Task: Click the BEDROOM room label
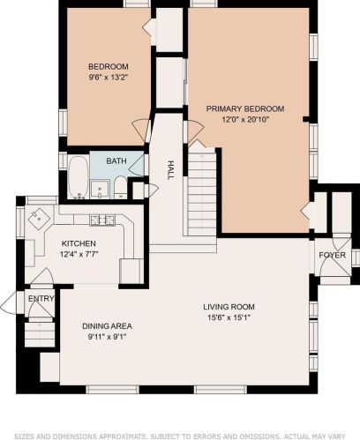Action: click(109, 66)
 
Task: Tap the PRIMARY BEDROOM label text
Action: click(245, 109)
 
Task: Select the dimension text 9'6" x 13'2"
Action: click(109, 78)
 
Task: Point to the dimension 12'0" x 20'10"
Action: click(245, 120)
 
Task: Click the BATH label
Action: click(116, 161)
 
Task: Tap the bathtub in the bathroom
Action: click(78, 177)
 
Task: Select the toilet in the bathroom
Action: click(120, 188)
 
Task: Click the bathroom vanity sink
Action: click(100, 189)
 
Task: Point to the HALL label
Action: click(170, 170)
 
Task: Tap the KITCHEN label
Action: click(79, 243)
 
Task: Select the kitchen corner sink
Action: click(39, 219)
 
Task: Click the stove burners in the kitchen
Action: click(102, 220)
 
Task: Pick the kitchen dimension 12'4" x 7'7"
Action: click(79, 254)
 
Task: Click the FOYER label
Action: click(332, 255)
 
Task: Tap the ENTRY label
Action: click(41, 299)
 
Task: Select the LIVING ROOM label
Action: click(229, 307)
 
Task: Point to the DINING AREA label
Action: click(107, 326)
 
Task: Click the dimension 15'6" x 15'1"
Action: click(229, 317)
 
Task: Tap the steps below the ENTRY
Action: click(40, 334)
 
